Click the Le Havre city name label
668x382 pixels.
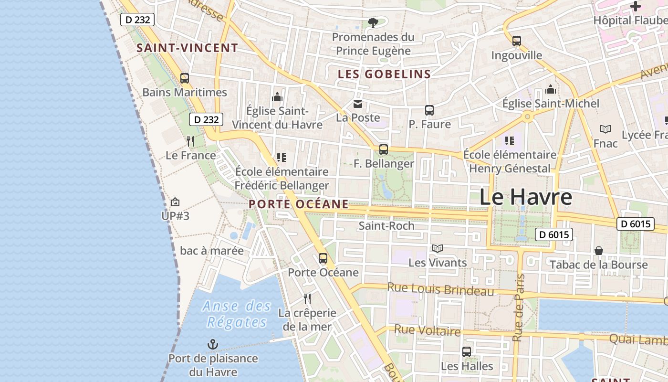tap(525, 197)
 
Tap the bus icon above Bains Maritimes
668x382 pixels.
tap(185, 78)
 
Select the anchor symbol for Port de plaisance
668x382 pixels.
tap(212, 344)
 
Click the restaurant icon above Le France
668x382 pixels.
tap(190, 141)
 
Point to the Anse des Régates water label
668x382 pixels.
tap(237, 314)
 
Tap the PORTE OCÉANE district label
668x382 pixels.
tap(299, 204)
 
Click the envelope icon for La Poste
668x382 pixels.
tap(358, 104)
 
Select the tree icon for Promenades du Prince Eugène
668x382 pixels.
tap(373, 22)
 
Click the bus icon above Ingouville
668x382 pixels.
tap(517, 41)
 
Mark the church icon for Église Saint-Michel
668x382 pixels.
tap(551, 90)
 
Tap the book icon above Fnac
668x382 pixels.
tap(605, 129)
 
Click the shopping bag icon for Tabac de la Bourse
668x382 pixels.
tap(599, 251)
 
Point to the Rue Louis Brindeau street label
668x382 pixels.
tap(440, 289)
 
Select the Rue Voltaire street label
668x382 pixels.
tap(428, 330)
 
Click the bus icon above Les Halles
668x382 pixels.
tap(467, 352)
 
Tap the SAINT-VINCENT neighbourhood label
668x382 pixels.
tap(187, 48)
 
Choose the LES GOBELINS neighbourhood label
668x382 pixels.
tap(385, 74)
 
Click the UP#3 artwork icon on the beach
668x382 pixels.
tap(175, 202)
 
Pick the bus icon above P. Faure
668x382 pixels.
tap(429, 110)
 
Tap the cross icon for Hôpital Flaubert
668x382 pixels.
tap(636, 6)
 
